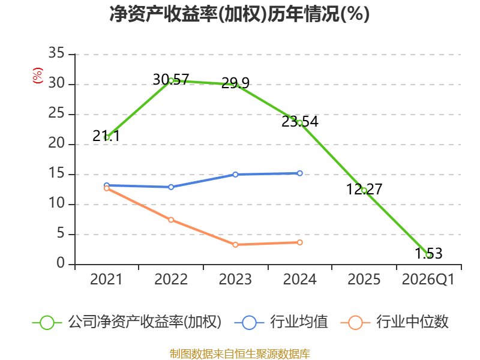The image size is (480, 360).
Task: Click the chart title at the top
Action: point(239,14)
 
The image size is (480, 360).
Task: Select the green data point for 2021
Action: point(107,137)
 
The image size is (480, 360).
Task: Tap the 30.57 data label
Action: point(171,80)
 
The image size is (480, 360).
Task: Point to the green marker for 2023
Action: point(235,85)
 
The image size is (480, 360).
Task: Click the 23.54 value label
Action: point(299,122)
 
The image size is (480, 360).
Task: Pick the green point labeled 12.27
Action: point(364,190)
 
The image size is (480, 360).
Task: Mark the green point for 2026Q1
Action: point(428,255)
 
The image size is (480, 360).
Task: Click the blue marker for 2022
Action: point(171,187)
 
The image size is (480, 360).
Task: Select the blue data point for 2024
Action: point(299,173)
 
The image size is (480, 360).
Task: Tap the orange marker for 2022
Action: point(171,220)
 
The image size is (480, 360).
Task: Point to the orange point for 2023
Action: point(235,245)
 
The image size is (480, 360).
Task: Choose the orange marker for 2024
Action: point(299,242)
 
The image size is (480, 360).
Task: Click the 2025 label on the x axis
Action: point(364,280)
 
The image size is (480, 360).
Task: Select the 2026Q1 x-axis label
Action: point(428,280)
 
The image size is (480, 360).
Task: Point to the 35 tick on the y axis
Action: point(56,53)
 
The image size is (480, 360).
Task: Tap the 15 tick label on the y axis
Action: point(56,173)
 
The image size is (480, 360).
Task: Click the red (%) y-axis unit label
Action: point(38,76)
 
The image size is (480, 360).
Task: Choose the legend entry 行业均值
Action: point(281,322)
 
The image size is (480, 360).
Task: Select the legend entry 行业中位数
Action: point(395,322)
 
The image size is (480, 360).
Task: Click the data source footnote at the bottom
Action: point(240,354)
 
